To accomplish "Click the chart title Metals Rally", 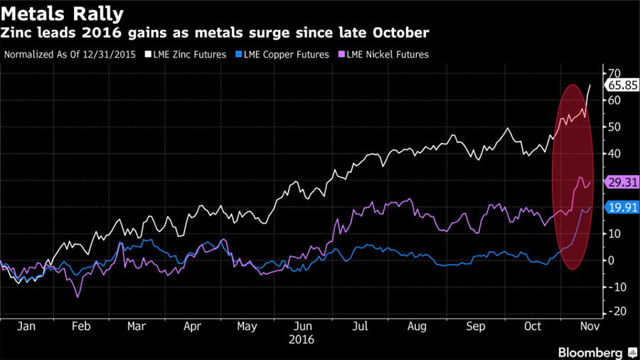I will [63, 14].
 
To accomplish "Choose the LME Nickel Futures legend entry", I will [387, 54].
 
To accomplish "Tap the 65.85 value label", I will [618, 85].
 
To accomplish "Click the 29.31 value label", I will [618, 183].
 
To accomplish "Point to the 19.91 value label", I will [618, 208].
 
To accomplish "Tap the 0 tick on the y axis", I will [611, 260].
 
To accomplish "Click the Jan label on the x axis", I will [26, 327].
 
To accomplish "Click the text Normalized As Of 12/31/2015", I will [70, 54].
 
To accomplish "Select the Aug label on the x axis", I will [417, 327].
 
